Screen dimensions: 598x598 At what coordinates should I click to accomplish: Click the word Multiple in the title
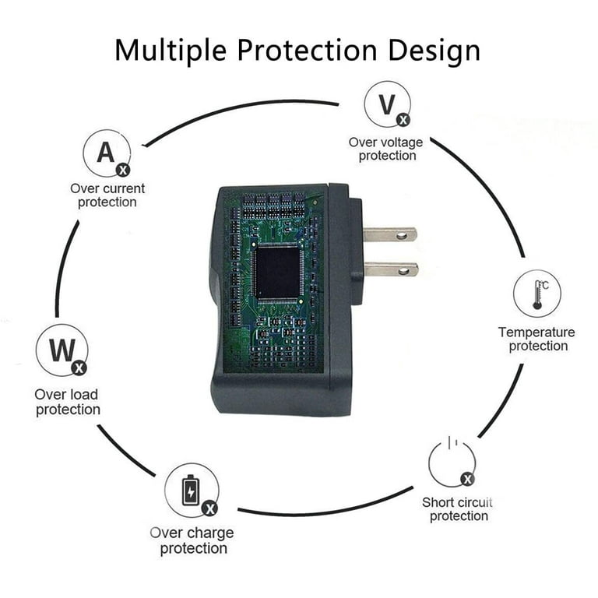tap(171, 51)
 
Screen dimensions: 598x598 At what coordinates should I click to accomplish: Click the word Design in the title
tap(434, 51)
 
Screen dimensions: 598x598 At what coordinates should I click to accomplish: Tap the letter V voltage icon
tap(388, 104)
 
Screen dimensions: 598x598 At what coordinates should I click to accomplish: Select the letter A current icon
tap(107, 153)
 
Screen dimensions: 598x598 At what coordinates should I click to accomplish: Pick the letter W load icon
tap(62, 350)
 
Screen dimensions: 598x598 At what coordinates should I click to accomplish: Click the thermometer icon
tap(537, 294)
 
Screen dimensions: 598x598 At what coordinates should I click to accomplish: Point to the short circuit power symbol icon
tap(452, 463)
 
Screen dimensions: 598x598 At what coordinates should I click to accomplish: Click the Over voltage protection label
tap(386, 149)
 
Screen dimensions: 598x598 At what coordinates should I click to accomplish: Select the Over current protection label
tap(107, 195)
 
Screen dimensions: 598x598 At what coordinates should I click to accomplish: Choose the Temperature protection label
tap(537, 339)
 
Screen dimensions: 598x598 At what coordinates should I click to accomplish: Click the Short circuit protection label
tap(458, 509)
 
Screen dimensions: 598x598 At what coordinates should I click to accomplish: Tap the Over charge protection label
tap(192, 541)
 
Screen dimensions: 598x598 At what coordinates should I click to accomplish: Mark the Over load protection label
tap(68, 402)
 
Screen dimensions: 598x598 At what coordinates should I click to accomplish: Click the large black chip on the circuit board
tap(278, 273)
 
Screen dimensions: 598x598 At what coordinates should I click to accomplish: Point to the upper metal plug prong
tap(390, 234)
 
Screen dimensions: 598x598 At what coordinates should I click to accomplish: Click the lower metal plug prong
tap(392, 269)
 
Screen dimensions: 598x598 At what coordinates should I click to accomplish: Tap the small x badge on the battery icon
tap(209, 508)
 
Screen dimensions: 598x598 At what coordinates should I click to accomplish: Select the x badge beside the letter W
tap(79, 368)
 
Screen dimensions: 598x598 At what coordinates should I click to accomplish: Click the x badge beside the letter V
tap(403, 120)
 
